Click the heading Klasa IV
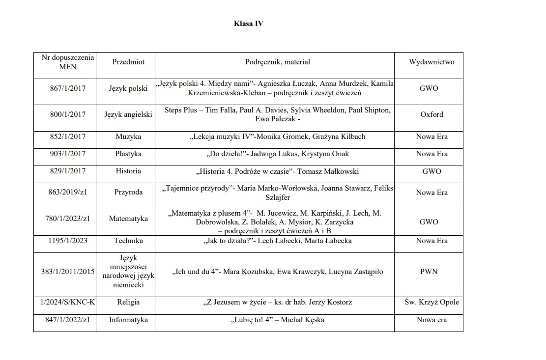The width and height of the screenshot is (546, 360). pos(248,24)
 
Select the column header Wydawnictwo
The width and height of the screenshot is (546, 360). pos(431,62)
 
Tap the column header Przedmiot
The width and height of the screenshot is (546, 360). pos(128,62)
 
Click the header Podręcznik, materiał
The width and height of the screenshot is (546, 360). pos(277,62)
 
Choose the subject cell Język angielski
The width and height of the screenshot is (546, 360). pos(128,114)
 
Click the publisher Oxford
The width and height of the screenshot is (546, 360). pos(431,114)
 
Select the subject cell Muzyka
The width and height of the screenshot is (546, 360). pos(128,137)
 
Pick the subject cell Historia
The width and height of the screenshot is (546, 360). pos(128,171)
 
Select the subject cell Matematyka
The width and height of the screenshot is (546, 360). pos(128,219)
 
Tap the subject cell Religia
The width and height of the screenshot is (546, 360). pos(128,302)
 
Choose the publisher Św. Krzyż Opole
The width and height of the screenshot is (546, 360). pos(431,302)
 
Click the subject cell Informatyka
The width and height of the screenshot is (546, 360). pos(128,320)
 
